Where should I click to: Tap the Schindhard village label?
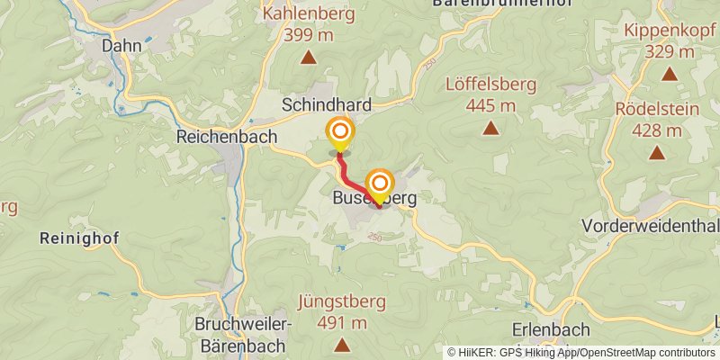[x=326, y=105]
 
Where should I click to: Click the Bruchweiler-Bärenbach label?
[x=241, y=334]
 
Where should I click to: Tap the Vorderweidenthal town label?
[x=650, y=224]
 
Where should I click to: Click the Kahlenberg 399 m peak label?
[x=309, y=24]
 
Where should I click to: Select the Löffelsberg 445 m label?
[x=490, y=95]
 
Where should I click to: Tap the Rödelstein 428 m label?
[x=657, y=120]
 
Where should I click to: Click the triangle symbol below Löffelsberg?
[x=490, y=129]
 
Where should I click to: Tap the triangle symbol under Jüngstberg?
[x=341, y=344]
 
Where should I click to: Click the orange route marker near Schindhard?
[x=340, y=133]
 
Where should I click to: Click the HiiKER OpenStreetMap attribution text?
[x=581, y=352]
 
